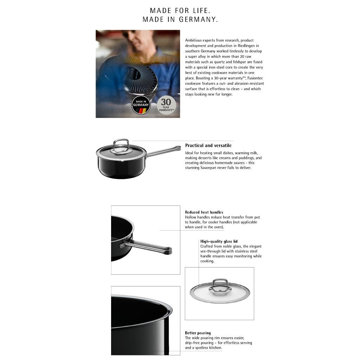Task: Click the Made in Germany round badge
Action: coord(141,105)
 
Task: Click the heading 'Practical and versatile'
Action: coord(208,146)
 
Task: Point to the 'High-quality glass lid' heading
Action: coord(219,242)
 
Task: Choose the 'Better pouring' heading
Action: coord(198,333)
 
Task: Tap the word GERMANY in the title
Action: coord(198,20)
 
